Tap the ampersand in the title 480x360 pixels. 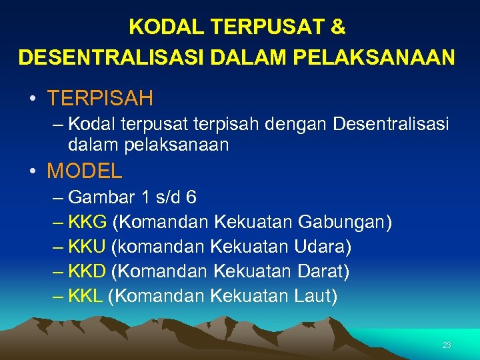point(339,27)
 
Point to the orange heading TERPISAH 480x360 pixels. point(100,99)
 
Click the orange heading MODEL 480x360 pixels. point(85,171)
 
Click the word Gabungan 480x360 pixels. point(345,223)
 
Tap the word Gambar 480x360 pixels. point(101,198)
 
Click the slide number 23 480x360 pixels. point(447,345)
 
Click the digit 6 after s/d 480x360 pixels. point(191,198)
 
